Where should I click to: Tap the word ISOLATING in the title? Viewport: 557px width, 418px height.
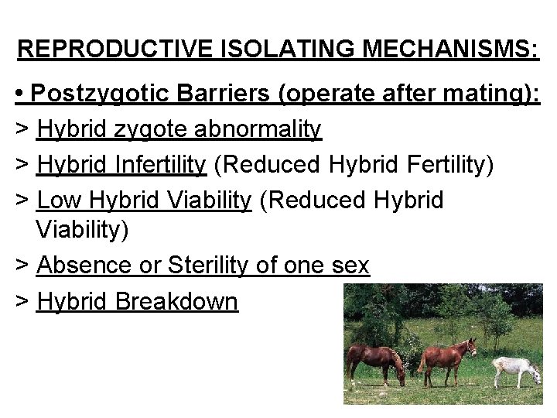coord(272,50)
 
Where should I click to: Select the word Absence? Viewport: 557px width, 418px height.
coord(84,266)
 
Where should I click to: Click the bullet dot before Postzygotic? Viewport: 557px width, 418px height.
coord(21,95)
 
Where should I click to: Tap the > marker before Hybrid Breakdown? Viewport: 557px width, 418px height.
coord(22,302)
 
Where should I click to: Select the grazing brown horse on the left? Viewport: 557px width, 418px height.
coord(374,360)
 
